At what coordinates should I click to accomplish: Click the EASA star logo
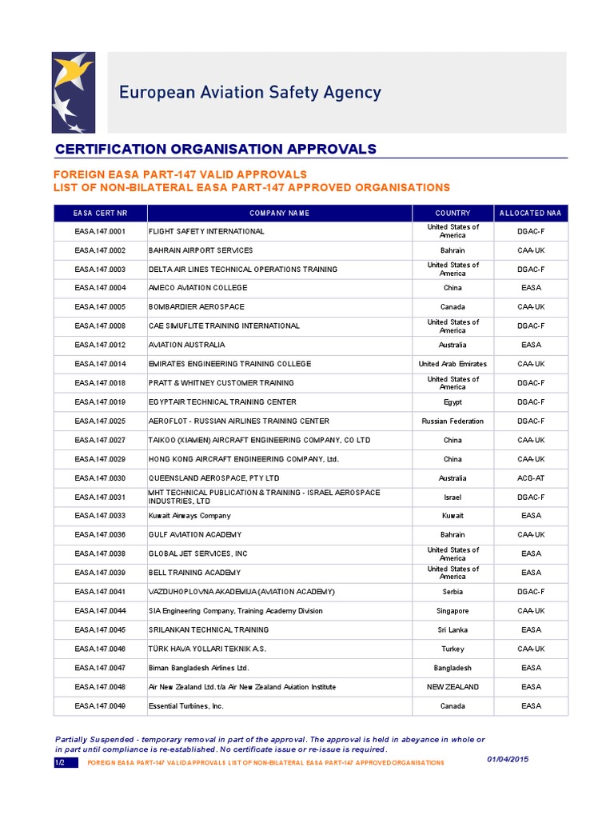(73, 93)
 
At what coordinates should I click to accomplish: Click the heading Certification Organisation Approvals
(215, 150)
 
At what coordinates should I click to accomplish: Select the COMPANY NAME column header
(279, 214)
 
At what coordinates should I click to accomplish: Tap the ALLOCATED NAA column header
(530, 214)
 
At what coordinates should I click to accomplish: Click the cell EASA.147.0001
(101, 231)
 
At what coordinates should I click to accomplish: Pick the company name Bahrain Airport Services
(201, 250)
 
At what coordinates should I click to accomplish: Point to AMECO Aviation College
(197, 288)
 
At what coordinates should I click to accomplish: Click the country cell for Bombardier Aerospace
(453, 307)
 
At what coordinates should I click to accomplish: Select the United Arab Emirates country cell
(453, 364)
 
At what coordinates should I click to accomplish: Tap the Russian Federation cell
(453, 421)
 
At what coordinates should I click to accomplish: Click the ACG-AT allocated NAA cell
(530, 478)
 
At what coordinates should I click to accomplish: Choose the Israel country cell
(453, 497)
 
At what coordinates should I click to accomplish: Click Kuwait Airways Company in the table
(189, 516)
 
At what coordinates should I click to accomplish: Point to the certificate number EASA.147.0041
(101, 592)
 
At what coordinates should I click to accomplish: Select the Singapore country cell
(453, 611)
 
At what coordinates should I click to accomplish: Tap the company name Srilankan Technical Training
(209, 630)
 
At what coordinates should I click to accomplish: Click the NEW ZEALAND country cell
(453, 687)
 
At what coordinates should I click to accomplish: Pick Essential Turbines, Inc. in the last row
(186, 706)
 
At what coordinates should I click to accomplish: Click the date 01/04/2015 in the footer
(508, 759)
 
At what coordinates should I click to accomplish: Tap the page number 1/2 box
(61, 763)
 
